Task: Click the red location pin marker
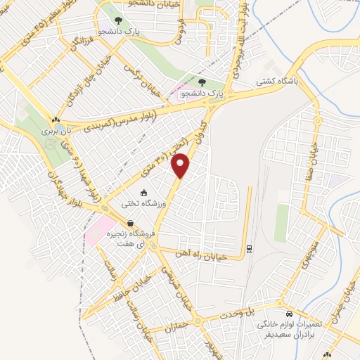pos(182,165)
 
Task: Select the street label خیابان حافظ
pos(131,288)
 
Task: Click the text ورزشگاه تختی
pos(145,203)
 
